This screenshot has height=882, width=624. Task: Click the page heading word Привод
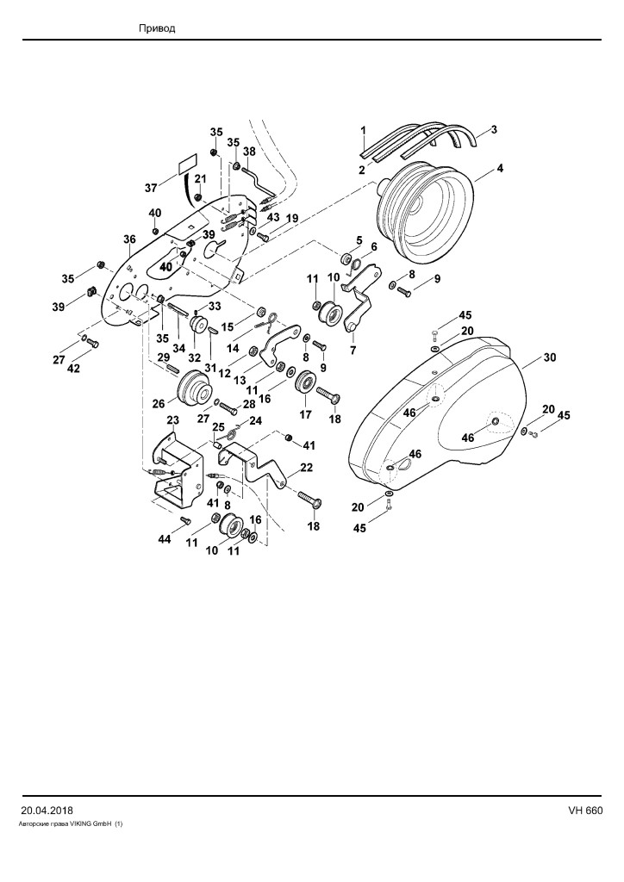coord(157,28)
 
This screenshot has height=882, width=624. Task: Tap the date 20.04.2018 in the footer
coord(47,811)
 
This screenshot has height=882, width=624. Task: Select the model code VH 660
coord(585,811)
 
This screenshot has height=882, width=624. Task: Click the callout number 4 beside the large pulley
coord(500,168)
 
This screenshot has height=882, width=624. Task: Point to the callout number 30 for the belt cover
coord(550,357)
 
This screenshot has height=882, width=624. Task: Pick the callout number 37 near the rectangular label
coord(151,188)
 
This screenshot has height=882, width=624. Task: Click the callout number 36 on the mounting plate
coord(129,239)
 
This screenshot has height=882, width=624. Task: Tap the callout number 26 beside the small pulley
coord(159,403)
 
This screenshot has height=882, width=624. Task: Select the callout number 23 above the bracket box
coord(172,420)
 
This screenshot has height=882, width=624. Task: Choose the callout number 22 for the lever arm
coord(307,468)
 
